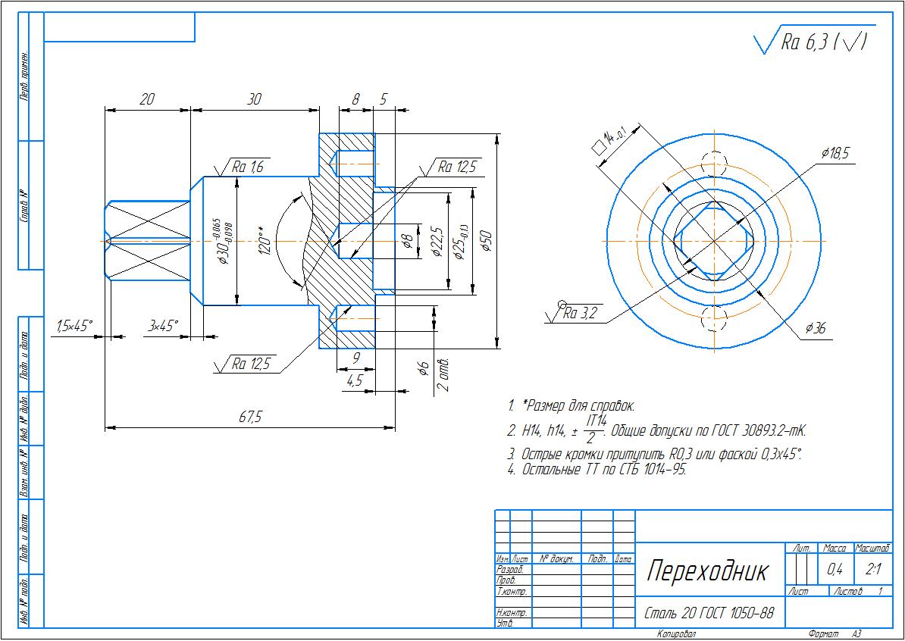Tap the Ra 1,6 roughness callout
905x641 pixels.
(247, 167)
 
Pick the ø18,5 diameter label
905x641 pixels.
(835, 153)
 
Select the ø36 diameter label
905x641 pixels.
(815, 328)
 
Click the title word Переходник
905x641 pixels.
(706, 571)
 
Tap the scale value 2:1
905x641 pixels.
(872, 569)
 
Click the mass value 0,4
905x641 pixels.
(835, 569)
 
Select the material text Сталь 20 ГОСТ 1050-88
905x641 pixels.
(709, 612)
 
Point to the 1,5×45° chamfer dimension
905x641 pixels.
(74, 326)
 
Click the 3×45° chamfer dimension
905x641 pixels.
(163, 326)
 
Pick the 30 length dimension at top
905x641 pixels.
(255, 99)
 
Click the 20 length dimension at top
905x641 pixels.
(147, 99)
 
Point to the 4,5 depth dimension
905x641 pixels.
(354, 381)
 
